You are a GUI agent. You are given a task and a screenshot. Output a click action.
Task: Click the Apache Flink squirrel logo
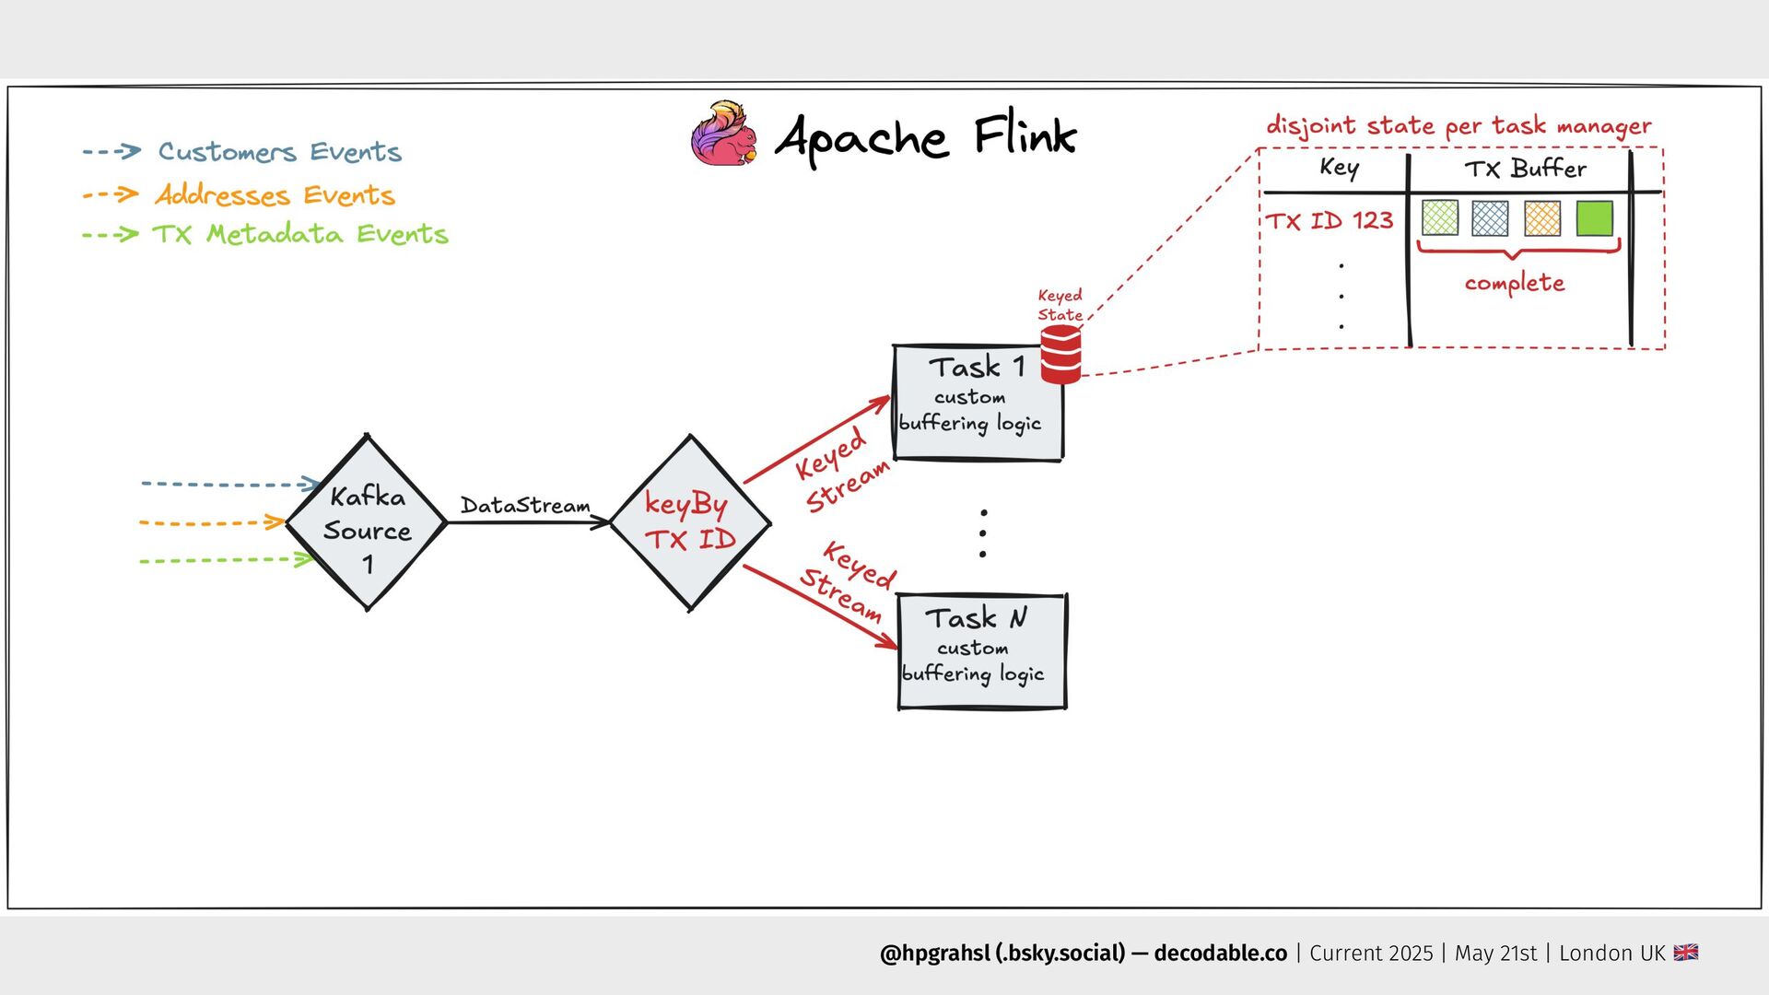[x=724, y=135]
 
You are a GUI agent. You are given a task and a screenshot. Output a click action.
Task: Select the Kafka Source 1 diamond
[x=367, y=522]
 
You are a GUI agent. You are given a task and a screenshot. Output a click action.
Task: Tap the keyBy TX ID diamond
[x=690, y=522]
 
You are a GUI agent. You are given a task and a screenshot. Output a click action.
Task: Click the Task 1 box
[x=977, y=403]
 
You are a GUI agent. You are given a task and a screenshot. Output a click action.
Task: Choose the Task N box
[x=981, y=651]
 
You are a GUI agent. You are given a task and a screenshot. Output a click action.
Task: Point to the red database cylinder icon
[x=1060, y=355]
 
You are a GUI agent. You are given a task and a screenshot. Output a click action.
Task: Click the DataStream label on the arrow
[x=525, y=506]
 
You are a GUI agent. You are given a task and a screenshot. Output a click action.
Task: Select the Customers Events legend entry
[x=279, y=152]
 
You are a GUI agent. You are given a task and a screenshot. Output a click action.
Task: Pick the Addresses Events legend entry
[x=275, y=195]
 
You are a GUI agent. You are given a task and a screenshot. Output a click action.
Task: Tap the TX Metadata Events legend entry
[x=299, y=234]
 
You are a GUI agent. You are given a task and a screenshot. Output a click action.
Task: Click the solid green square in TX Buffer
[x=1594, y=218]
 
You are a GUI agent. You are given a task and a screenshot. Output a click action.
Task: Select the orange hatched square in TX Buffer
[x=1542, y=218]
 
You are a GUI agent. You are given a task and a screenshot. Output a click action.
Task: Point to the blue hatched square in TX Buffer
[x=1490, y=218]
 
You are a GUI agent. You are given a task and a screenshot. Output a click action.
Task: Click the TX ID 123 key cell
[x=1329, y=221]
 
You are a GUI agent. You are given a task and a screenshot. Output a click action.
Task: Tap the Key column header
[x=1339, y=168]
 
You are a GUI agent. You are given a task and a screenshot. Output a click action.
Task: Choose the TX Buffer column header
[x=1526, y=169]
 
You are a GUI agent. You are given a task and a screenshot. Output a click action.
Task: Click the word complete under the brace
[x=1515, y=283]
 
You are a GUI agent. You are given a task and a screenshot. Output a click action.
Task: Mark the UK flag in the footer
[x=1686, y=953]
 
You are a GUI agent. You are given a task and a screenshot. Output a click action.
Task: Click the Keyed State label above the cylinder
[x=1060, y=305]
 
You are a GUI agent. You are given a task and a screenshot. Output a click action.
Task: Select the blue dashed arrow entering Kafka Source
[x=228, y=484]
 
